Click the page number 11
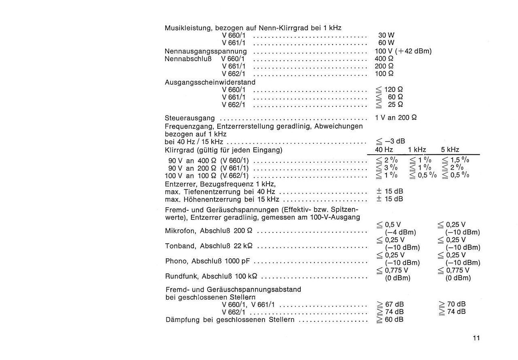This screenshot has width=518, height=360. (476, 339)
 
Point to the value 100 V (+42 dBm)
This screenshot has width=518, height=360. (403, 51)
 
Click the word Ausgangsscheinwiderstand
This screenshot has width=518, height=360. (210, 82)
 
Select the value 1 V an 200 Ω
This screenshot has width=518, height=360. (396, 118)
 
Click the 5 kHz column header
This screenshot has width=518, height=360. (450, 150)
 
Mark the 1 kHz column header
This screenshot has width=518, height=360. (417, 150)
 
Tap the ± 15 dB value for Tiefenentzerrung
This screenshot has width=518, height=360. (389, 191)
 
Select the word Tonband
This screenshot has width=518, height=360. (180, 246)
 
